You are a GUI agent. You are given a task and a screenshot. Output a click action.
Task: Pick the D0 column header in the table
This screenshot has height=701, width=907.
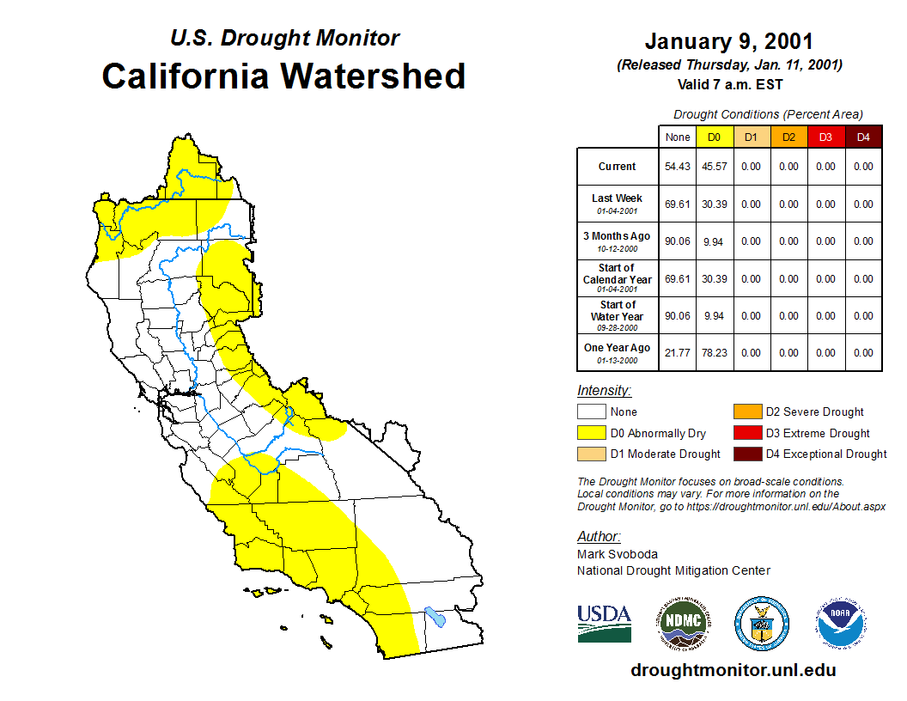(x=715, y=137)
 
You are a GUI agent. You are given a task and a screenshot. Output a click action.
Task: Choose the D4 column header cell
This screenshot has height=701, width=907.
(x=863, y=137)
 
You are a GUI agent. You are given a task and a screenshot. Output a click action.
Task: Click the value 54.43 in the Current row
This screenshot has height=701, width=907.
(x=678, y=167)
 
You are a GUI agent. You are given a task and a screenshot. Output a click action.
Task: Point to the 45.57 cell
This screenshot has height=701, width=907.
(x=715, y=167)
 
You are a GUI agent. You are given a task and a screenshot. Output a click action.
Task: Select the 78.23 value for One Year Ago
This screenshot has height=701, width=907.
(x=715, y=353)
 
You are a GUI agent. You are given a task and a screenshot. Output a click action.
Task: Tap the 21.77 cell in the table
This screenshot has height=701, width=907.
(x=678, y=353)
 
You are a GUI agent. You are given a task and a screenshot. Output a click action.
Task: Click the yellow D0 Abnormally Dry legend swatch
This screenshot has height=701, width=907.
(x=591, y=433)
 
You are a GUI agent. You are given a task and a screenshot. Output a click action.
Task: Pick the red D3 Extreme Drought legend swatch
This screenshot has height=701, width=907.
(x=746, y=433)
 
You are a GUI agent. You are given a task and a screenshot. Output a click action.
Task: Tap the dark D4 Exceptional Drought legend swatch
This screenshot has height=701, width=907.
(x=746, y=454)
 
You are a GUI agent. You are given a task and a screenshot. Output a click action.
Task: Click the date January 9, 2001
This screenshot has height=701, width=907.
(x=729, y=41)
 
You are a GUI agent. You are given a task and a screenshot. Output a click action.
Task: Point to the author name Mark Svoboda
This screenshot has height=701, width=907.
(x=618, y=554)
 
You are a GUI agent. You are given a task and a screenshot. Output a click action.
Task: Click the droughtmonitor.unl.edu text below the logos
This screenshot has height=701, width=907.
(x=733, y=670)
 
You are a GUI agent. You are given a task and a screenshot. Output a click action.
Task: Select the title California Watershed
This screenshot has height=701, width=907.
(x=283, y=76)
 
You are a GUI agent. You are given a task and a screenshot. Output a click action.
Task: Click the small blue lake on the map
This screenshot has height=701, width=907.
(x=435, y=617)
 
